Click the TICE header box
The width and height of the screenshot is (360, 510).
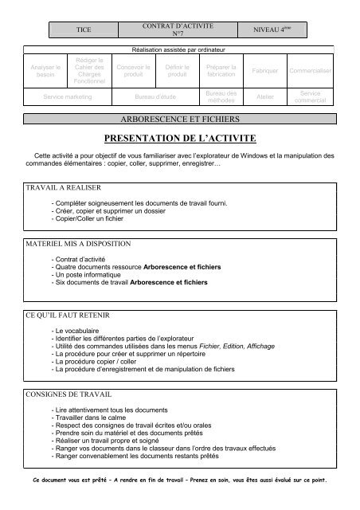[83, 29]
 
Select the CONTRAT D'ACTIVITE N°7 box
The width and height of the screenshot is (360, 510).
[179, 29]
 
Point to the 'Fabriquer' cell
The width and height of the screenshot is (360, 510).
[264, 72]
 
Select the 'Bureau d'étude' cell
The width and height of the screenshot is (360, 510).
[155, 96]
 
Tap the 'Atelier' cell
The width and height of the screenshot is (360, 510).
[264, 96]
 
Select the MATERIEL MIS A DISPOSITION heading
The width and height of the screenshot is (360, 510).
[77, 241]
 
